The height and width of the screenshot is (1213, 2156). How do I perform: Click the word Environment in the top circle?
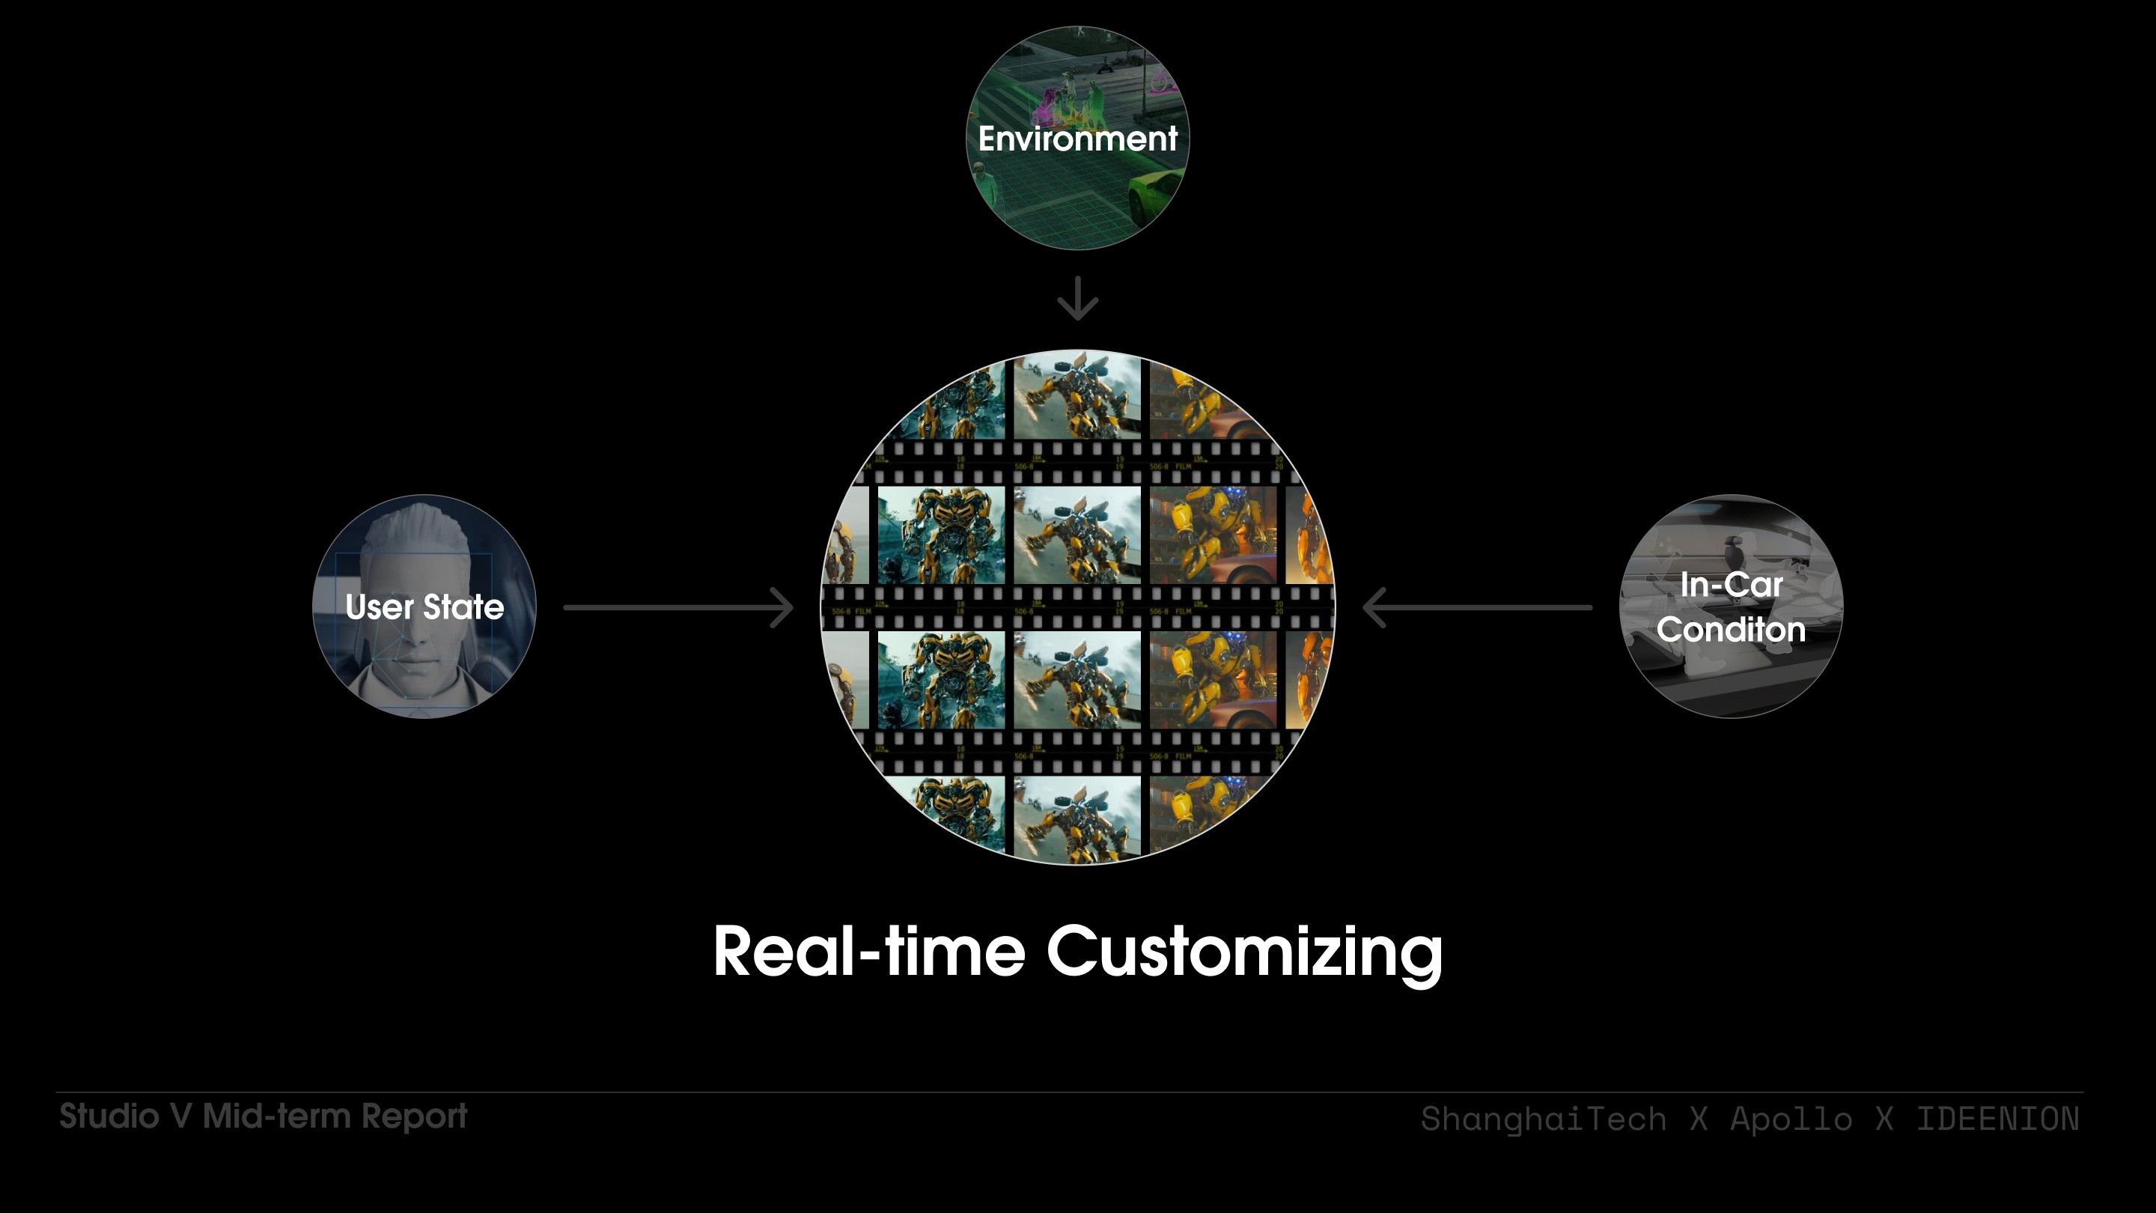1077,139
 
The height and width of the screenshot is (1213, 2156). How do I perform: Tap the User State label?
424,607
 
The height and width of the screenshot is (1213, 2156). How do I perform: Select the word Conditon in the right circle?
1731,630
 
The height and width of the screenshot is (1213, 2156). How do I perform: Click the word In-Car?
1731,585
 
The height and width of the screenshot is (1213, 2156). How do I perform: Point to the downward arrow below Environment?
1077,299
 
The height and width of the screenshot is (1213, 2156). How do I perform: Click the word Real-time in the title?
868,952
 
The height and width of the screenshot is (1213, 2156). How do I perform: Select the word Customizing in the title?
1244,953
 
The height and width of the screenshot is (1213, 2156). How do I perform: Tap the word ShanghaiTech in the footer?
1544,1119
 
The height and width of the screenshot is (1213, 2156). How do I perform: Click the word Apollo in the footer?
1791,1119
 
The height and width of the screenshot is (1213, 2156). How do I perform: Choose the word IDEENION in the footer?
1997,1119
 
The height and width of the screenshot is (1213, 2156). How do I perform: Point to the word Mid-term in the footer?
276,1116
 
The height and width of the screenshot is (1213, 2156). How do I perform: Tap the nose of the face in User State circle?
416,636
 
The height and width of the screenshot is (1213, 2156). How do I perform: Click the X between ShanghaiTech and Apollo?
1698,1119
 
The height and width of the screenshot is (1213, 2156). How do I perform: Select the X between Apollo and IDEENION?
1884,1119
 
